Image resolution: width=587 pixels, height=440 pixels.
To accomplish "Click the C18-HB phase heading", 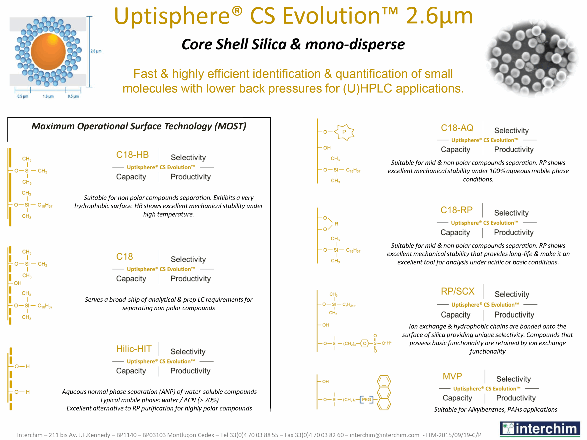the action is (x=133, y=155).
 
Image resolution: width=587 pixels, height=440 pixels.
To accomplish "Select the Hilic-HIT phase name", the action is (x=134, y=349).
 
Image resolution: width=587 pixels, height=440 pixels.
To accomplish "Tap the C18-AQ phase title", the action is (x=457, y=128).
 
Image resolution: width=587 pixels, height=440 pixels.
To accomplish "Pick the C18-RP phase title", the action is (x=457, y=210).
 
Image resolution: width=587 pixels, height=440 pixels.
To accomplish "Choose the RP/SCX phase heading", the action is (x=457, y=291).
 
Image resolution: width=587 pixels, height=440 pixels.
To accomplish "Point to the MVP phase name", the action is (x=452, y=376).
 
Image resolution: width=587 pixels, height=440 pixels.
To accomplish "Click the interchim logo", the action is (x=540, y=429).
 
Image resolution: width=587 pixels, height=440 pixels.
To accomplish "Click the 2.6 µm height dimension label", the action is (x=96, y=51).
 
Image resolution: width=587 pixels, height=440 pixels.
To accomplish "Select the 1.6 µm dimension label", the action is (x=48, y=96).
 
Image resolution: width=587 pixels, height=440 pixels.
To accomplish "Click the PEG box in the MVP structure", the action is (x=366, y=399).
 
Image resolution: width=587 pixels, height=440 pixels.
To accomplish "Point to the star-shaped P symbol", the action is (x=344, y=132).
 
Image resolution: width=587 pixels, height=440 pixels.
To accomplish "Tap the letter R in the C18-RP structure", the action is (x=336, y=224).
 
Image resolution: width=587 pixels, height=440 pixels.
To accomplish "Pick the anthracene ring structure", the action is (x=384, y=393).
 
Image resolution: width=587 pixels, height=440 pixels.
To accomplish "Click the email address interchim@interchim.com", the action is (x=384, y=435).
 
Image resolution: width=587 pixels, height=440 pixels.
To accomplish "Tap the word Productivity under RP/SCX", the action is (x=514, y=315).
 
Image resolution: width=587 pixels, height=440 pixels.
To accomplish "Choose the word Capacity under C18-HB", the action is (x=131, y=177).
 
